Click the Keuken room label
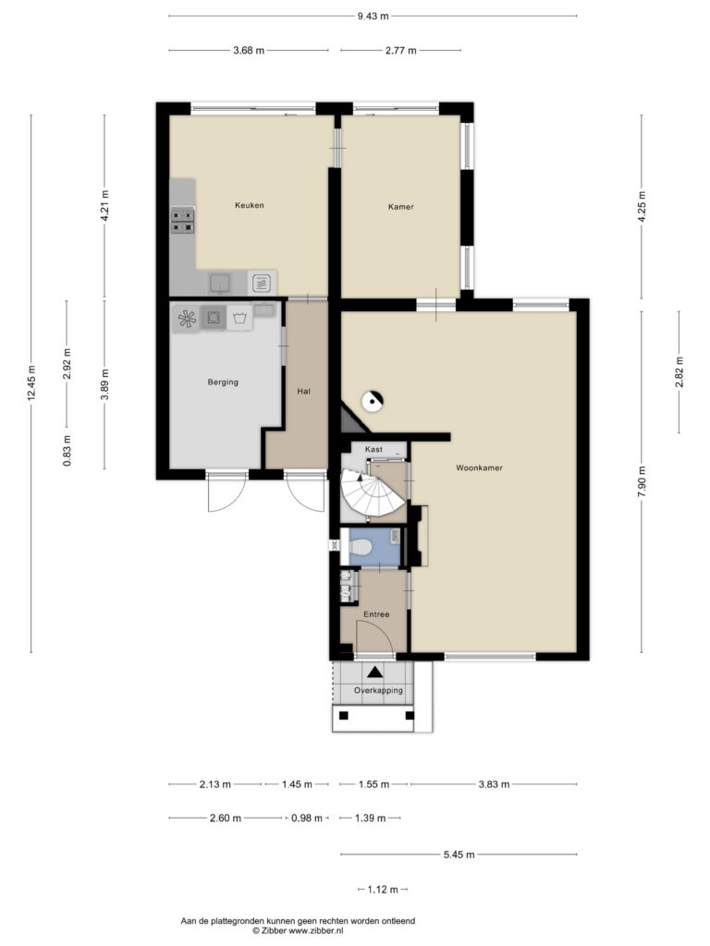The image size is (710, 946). [x=250, y=205]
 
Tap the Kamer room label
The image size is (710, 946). [x=401, y=206]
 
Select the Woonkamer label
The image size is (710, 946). [x=480, y=467]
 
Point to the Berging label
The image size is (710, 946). [x=223, y=382]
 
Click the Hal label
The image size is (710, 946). [x=303, y=391]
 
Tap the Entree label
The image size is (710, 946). [x=376, y=614]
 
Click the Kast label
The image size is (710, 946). [x=373, y=449]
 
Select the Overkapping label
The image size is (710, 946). [x=378, y=690]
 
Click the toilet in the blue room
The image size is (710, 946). [x=361, y=547]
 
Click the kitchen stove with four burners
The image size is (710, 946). [x=182, y=220]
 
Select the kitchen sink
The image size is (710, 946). [x=220, y=283]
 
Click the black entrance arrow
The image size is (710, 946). [x=375, y=672]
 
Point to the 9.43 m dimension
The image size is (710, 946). [x=373, y=17]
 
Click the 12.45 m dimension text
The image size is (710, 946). [x=31, y=383]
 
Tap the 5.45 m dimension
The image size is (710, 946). [x=459, y=855]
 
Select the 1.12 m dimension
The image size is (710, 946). [x=383, y=890]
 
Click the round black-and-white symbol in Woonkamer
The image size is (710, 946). [x=372, y=400]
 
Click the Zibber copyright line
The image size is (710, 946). [x=298, y=931]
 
